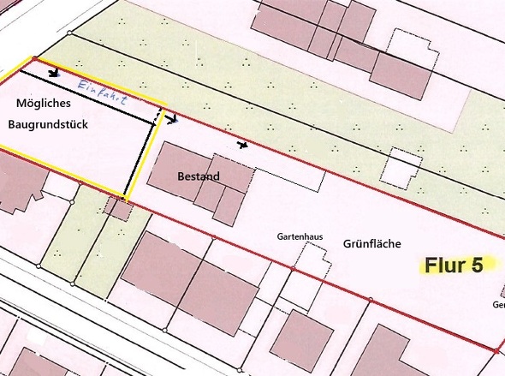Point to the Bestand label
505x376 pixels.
pos(199,177)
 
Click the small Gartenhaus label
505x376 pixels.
pos(296,235)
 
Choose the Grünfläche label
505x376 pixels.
pos(373,244)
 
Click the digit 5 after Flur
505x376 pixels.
pos(476,265)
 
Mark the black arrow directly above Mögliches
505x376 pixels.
pos(54,73)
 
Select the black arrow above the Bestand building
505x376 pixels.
pos(244,145)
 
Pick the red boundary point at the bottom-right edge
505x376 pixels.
pos(497,350)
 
